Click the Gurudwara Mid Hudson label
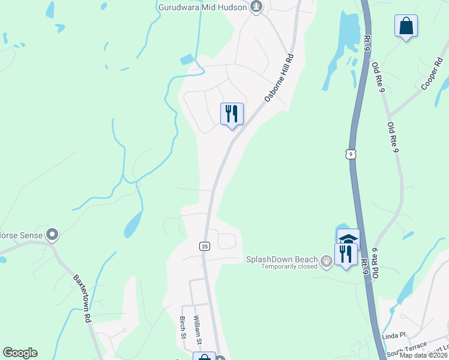click(x=203, y=8)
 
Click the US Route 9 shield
click(x=349, y=154)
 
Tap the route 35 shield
click(x=204, y=246)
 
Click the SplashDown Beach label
click(x=281, y=259)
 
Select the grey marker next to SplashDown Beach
click(x=326, y=260)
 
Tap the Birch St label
click(x=182, y=328)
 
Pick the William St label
click(x=196, y=329)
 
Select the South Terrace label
click(x=406, y=349)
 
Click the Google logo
click(x=20, y=353)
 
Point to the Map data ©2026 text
click(x=424, y=355)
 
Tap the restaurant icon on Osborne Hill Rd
click(x=231, y=112)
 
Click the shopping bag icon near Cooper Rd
click(x=406, y=26)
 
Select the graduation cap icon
click(x=348, y=238)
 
